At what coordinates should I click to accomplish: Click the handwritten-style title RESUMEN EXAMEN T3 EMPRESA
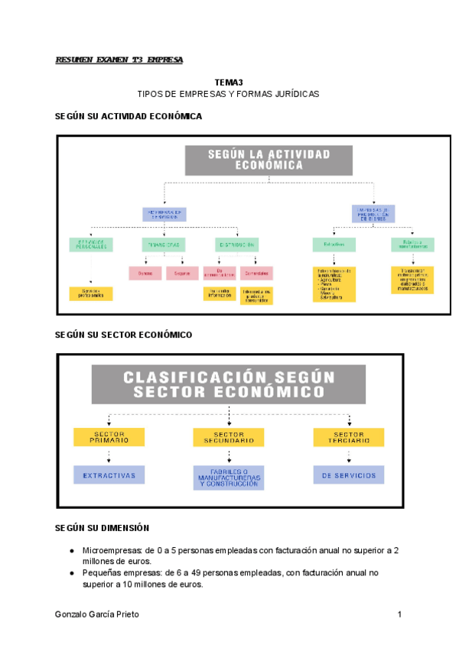(x=119, y=60)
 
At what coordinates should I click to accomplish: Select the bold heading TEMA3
(x=228, y=82)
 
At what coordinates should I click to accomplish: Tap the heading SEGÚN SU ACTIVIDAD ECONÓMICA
(x=129, y=116)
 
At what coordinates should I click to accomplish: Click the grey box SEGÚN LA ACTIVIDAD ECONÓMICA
(x=269, y=160)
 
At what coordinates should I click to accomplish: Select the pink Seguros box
(x=181, y=273)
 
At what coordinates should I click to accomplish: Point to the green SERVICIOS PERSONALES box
(x=91, y=245)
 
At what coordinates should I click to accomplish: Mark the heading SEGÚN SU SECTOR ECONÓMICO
(x=123, y=335)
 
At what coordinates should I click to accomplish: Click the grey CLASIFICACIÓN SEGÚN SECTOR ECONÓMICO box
(x=229, y=384)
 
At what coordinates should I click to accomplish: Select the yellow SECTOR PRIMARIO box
(x=109, y=437)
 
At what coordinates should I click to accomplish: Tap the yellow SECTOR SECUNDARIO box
(x=229, y=437)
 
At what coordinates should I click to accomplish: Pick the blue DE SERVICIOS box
(x=349, y=475)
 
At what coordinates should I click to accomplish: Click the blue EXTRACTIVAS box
(x=109, y=475)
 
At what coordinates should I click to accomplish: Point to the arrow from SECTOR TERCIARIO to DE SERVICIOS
(x=349, y=456)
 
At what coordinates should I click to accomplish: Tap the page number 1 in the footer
(x=399, y=615)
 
